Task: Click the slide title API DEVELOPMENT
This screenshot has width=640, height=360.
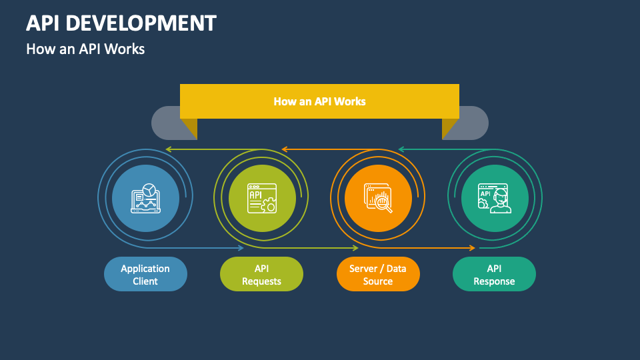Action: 121,23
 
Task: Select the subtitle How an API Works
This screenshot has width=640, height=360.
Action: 85,49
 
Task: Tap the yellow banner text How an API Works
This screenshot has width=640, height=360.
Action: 319,101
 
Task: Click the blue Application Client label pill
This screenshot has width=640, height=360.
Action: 145,274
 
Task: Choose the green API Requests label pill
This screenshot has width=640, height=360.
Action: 261,274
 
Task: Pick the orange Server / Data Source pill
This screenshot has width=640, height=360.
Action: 378,274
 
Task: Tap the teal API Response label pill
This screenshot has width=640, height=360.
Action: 494,274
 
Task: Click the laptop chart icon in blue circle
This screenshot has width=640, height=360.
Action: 145,198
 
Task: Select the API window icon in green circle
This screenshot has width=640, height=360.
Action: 261,198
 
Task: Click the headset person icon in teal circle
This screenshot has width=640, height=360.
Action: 494,198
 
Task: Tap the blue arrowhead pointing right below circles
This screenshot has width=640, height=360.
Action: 241,248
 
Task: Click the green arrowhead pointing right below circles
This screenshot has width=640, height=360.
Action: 357,248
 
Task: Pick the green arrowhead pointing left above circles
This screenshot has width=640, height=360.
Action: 169,149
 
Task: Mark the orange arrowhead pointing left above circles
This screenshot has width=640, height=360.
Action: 284,149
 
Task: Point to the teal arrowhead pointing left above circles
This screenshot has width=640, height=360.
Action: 401,149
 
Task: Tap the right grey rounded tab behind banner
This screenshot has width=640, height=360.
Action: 475,122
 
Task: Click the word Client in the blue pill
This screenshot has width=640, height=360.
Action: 145,281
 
